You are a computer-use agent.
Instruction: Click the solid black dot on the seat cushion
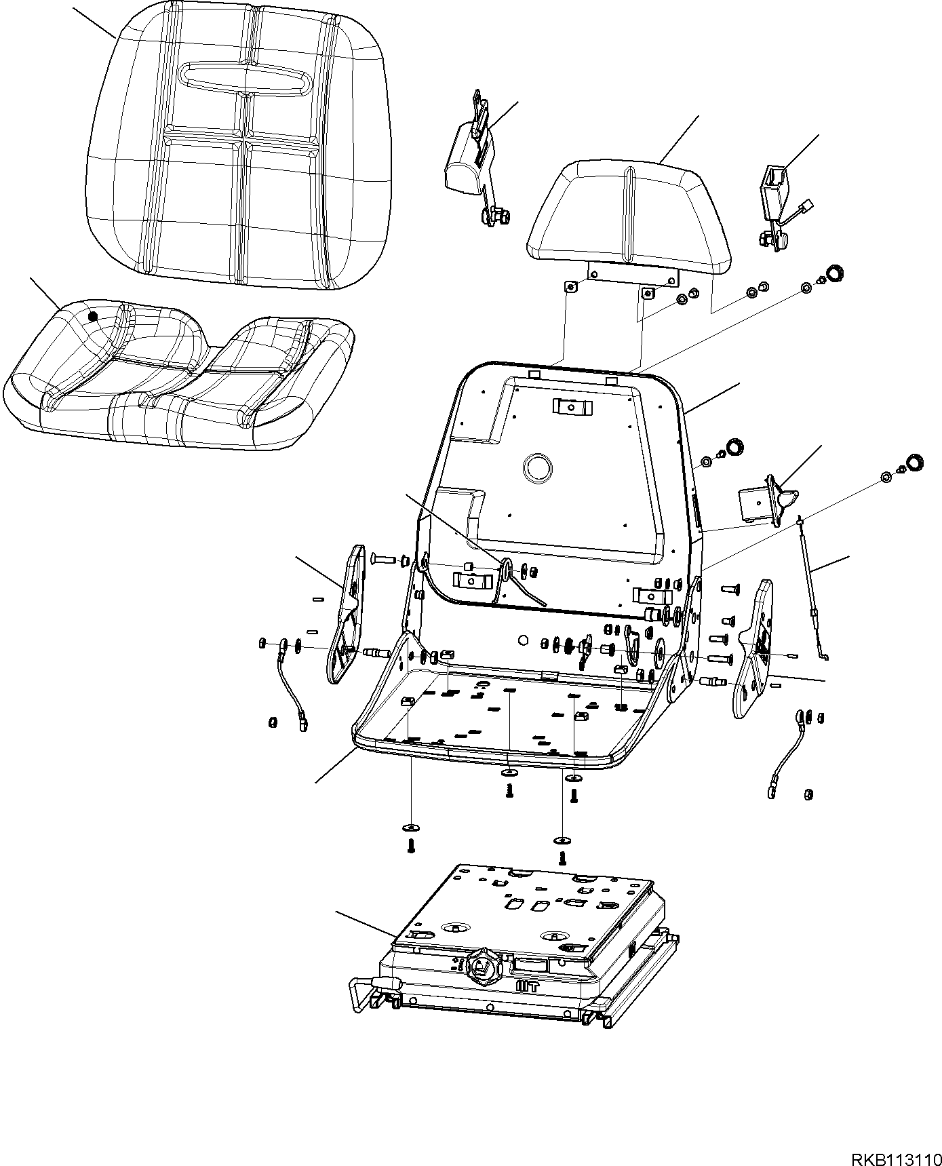point(93,315)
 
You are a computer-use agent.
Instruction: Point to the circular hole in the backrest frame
point(538,468)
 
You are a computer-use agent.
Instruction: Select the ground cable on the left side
point(290,685)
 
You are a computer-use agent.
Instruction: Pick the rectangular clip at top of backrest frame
point(570,407)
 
